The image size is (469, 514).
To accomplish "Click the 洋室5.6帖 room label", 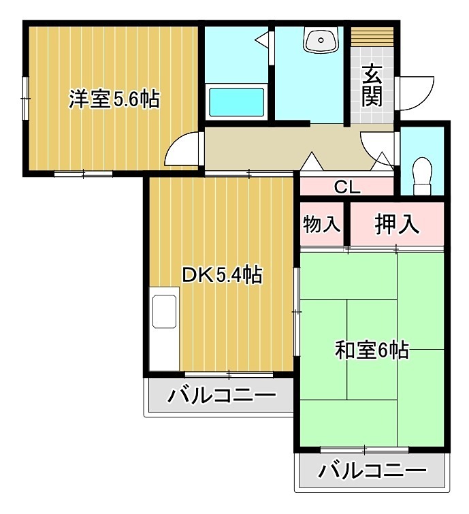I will coord(114,100).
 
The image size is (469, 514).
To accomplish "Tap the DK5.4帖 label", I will coord(222,275).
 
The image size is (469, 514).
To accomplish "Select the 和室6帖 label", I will coord(371,350).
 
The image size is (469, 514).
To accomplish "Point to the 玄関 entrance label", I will coord(371,84).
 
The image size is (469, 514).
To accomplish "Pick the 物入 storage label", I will coord(321,224).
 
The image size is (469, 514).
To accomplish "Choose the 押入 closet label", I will coord(398,224).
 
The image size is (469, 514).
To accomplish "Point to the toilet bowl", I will coord(422,168).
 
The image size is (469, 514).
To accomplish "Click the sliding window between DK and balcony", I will coord(229,374).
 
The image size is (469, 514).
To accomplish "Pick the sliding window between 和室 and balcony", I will coord(365,449).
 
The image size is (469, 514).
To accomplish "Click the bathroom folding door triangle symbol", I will coord(261,39).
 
